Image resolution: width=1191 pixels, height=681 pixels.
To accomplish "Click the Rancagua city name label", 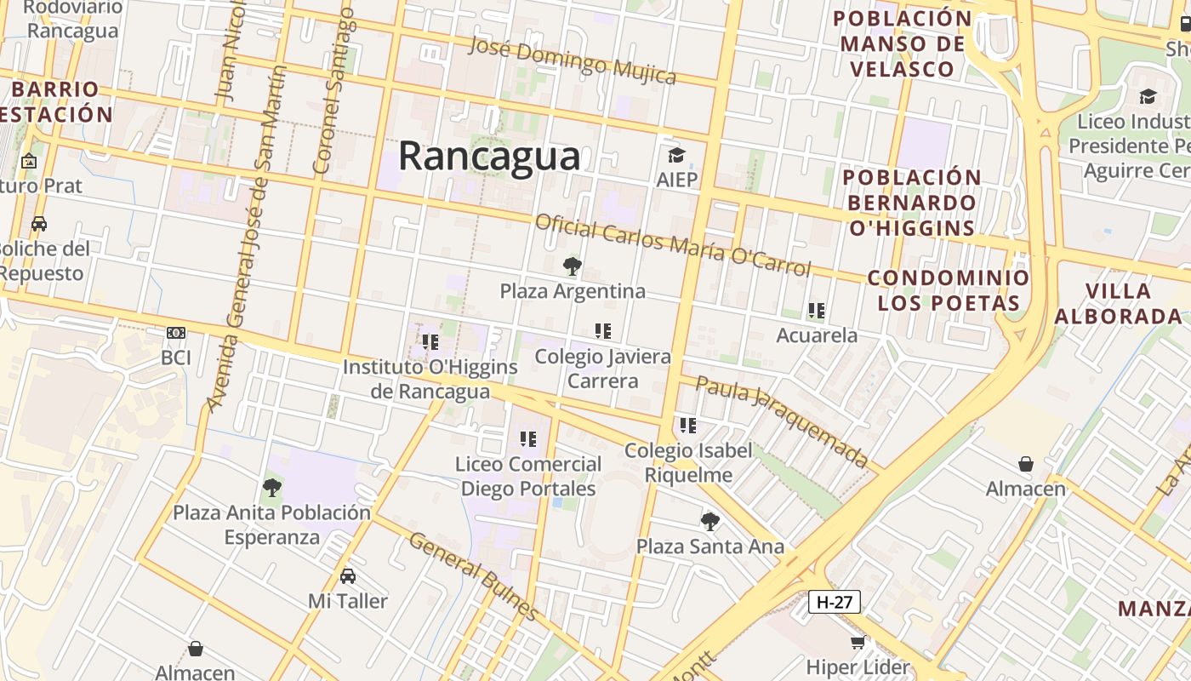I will [x=489, y=157].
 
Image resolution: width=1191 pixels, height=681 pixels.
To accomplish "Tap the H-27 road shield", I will [x=834, y=602].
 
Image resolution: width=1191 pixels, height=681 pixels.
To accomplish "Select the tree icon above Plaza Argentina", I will [x=573, y=266].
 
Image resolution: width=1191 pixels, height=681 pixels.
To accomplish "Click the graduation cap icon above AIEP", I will [x=676, y=155].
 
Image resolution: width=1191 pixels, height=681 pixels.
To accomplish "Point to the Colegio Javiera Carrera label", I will [x=602, y=369].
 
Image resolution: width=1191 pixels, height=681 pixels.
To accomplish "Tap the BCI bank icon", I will [x=176, y=333].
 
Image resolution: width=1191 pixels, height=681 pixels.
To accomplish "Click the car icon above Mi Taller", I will [x=348, y=576].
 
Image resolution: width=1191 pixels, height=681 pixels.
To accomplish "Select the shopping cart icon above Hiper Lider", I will [x=858, y=643].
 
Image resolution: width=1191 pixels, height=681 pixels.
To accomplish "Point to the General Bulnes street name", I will [x=473, y=576].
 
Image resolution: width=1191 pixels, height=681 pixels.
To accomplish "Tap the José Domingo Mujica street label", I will [x=573, y=60].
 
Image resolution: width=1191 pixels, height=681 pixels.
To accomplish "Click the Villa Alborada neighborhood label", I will [x=1118, y=303].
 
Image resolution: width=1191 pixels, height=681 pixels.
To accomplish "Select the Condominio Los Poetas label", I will [x=948, y=290].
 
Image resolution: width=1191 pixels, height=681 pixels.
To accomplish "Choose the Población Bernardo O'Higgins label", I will [x=912, y=203].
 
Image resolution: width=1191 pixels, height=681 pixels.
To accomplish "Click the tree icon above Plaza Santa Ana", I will [x=709, y=521].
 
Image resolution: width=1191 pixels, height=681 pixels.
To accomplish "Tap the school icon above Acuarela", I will [x=817, y=311].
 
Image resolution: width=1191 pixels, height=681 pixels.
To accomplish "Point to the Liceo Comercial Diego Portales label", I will [x=527, y=477].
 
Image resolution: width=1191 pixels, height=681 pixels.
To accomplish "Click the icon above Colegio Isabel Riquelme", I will [x=688, y=425].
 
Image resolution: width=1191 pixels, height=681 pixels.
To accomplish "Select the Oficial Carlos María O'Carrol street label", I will [x=672, y=244].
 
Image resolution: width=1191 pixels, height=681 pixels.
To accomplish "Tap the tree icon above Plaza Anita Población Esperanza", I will [x=272, y=488].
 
